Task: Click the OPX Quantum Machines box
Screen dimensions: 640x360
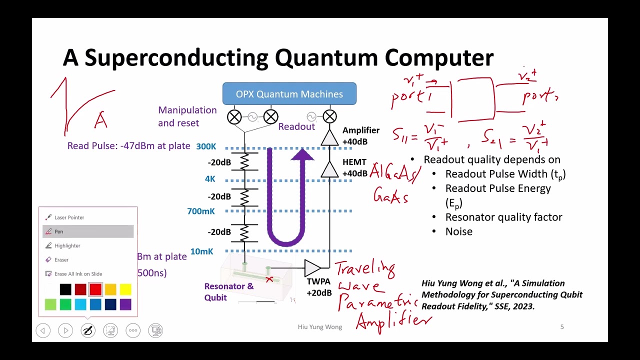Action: (289, 94)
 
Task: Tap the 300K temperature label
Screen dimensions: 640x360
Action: (206, 146)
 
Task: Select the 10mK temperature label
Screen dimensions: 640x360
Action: (201, 251)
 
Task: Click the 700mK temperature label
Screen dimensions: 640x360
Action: (201, 211)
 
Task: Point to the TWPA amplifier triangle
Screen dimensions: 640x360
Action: (312, 268)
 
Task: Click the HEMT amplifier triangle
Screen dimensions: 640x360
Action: (329, 169)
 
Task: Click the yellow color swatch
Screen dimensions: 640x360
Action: (125, 289)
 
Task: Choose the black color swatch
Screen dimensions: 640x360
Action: (65, 289)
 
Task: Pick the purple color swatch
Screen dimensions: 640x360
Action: (125, 304)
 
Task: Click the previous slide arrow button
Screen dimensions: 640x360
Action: (43, 330)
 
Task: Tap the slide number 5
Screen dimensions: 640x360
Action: (562, 327)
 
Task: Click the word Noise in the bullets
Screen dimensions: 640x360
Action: (458, 231)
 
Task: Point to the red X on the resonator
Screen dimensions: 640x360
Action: (269, 279)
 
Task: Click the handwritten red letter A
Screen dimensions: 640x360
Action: (101, 120)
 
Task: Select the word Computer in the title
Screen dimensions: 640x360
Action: (439, 58)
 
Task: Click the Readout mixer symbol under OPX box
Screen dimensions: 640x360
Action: (329, 117)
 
